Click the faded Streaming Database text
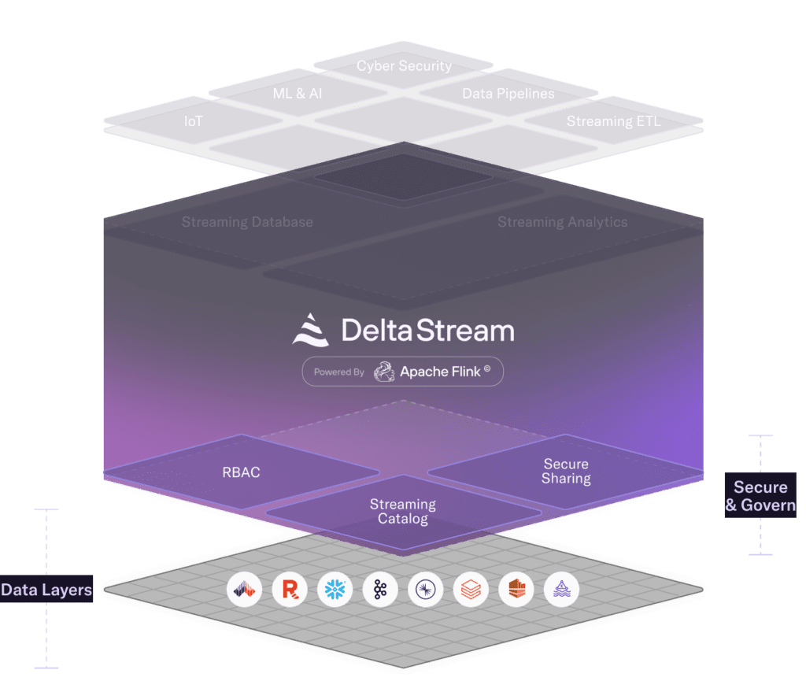click(247, 222)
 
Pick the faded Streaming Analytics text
click(562, 222)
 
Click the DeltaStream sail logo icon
click(311, 329)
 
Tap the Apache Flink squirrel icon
click(383, 372)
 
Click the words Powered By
click(338, 372)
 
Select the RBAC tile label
click(241, 472)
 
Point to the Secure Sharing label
click(565, 471)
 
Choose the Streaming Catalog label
click(402, 511)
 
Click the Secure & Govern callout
click(760, 496)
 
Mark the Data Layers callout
click(46, 590)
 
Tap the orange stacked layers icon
click(471, 590)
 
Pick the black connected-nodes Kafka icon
click(380, 590)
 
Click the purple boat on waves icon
click(561, 590)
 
